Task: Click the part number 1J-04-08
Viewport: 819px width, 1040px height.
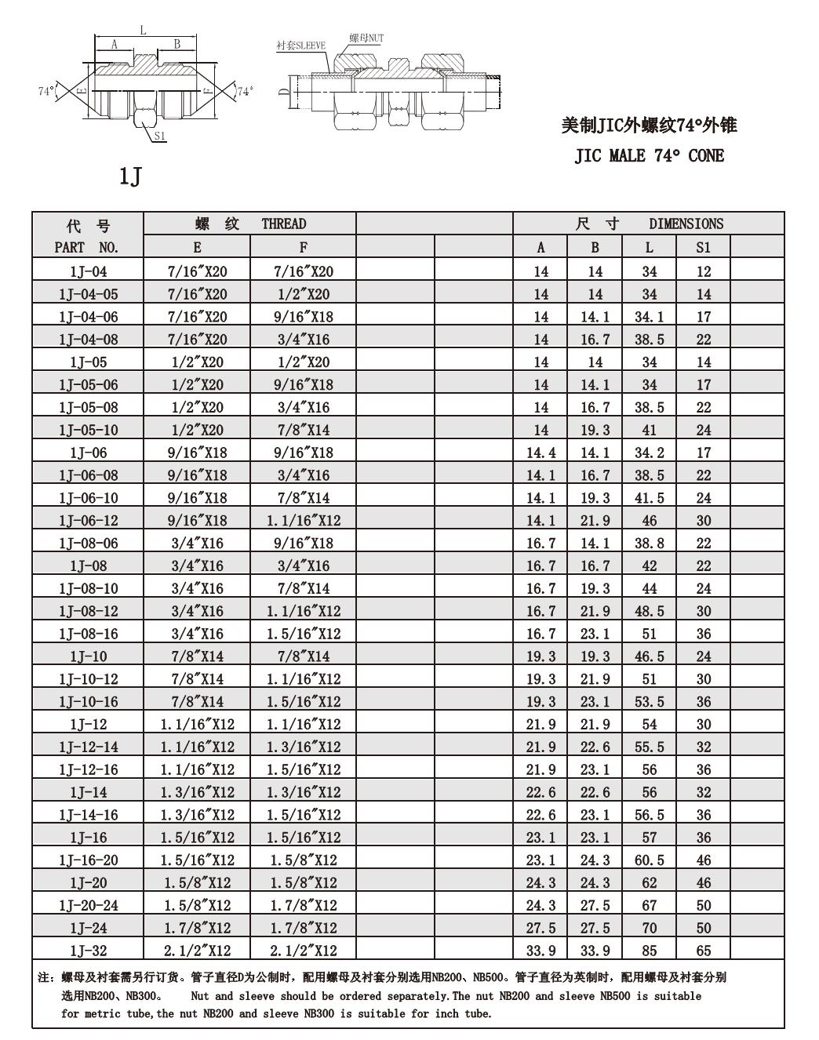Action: pyautogui.click(x=88, y=340)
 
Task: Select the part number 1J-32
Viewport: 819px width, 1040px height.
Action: pyautogui.click(x=88, y=951)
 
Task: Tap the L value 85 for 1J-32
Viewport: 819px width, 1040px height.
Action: pyautogui.click(x=649, y=951)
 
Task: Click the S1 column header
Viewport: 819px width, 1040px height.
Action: pyautogui.click(x=703, y=248)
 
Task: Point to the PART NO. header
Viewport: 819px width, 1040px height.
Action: pyautogui.click(x=87, y=248)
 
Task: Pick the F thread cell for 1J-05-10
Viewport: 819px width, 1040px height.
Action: pyautogui.click(x=303, y=430)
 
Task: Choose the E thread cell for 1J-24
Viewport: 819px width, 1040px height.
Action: pyautogui.click(x=197, y=928)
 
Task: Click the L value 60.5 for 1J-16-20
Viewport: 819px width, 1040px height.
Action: pyautogui.click(x=649, y=860)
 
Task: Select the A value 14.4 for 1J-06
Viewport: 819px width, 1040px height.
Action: pyautogui.click(x=541, y=453)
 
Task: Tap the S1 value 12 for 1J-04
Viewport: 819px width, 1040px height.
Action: pyautogui.click(x=703, y=271)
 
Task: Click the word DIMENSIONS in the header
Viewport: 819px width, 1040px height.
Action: pyautogui.click(x=686, y=224)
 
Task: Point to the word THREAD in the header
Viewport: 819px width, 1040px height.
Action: pyautogui.click(x=283, y=224)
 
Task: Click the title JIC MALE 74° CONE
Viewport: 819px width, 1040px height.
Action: pyautogui.click(x=649, y=155)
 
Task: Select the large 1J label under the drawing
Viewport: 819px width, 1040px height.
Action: pyautogui.click(x=129, y=176)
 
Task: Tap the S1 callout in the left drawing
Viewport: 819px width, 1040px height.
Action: pyautogui.click(x=160, y=136)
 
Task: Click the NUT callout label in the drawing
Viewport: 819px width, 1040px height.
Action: pyautogui.click(x=366, y=38)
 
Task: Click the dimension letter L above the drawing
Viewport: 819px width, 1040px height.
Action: pyautogui.click(x=143, y=30)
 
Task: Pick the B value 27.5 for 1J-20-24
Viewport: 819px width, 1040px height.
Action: pyautogui.click(x=595, y=905)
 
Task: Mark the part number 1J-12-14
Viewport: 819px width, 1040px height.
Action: pyautogui.click(x=88, y=747)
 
